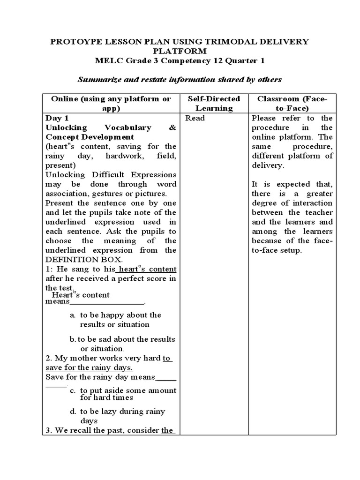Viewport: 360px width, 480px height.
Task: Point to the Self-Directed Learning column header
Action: click(x=214, y=103)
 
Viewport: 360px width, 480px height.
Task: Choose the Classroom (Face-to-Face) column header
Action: click(x=292, y=103)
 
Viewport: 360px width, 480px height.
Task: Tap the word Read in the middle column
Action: click(x=195, y=118)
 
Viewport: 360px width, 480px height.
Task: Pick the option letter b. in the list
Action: click(x=73, y=339)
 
